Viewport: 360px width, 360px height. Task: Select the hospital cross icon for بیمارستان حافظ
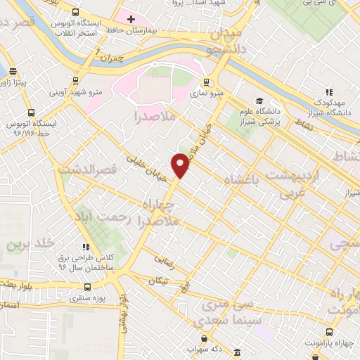point(131,18)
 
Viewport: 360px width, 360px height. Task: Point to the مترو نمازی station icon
point(206,82)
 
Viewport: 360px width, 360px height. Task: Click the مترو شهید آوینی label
point(76,91)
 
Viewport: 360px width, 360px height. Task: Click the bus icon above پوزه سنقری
point(87,287)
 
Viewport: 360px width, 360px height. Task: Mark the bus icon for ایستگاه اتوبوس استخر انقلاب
point(76,12)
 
